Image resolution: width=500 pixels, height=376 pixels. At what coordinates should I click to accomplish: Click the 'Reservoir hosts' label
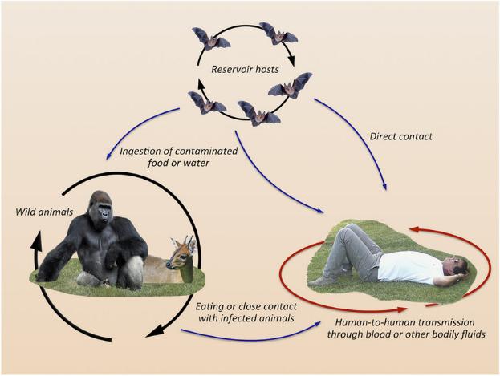[245, 70]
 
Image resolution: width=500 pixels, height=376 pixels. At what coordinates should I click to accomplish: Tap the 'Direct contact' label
[400, 137]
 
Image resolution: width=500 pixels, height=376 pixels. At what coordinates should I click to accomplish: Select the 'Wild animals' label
[44, 212]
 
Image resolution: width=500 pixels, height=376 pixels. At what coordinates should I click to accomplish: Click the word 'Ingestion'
[141, 152]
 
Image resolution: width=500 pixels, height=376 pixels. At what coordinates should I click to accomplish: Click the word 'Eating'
[209, 307]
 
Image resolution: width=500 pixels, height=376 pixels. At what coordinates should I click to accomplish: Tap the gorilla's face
[104, 212]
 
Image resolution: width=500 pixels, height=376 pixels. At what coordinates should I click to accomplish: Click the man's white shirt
[409, 267]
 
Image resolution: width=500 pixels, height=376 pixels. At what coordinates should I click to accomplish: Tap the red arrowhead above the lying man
[415, 229]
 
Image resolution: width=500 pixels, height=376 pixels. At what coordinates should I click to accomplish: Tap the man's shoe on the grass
[319, 281]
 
